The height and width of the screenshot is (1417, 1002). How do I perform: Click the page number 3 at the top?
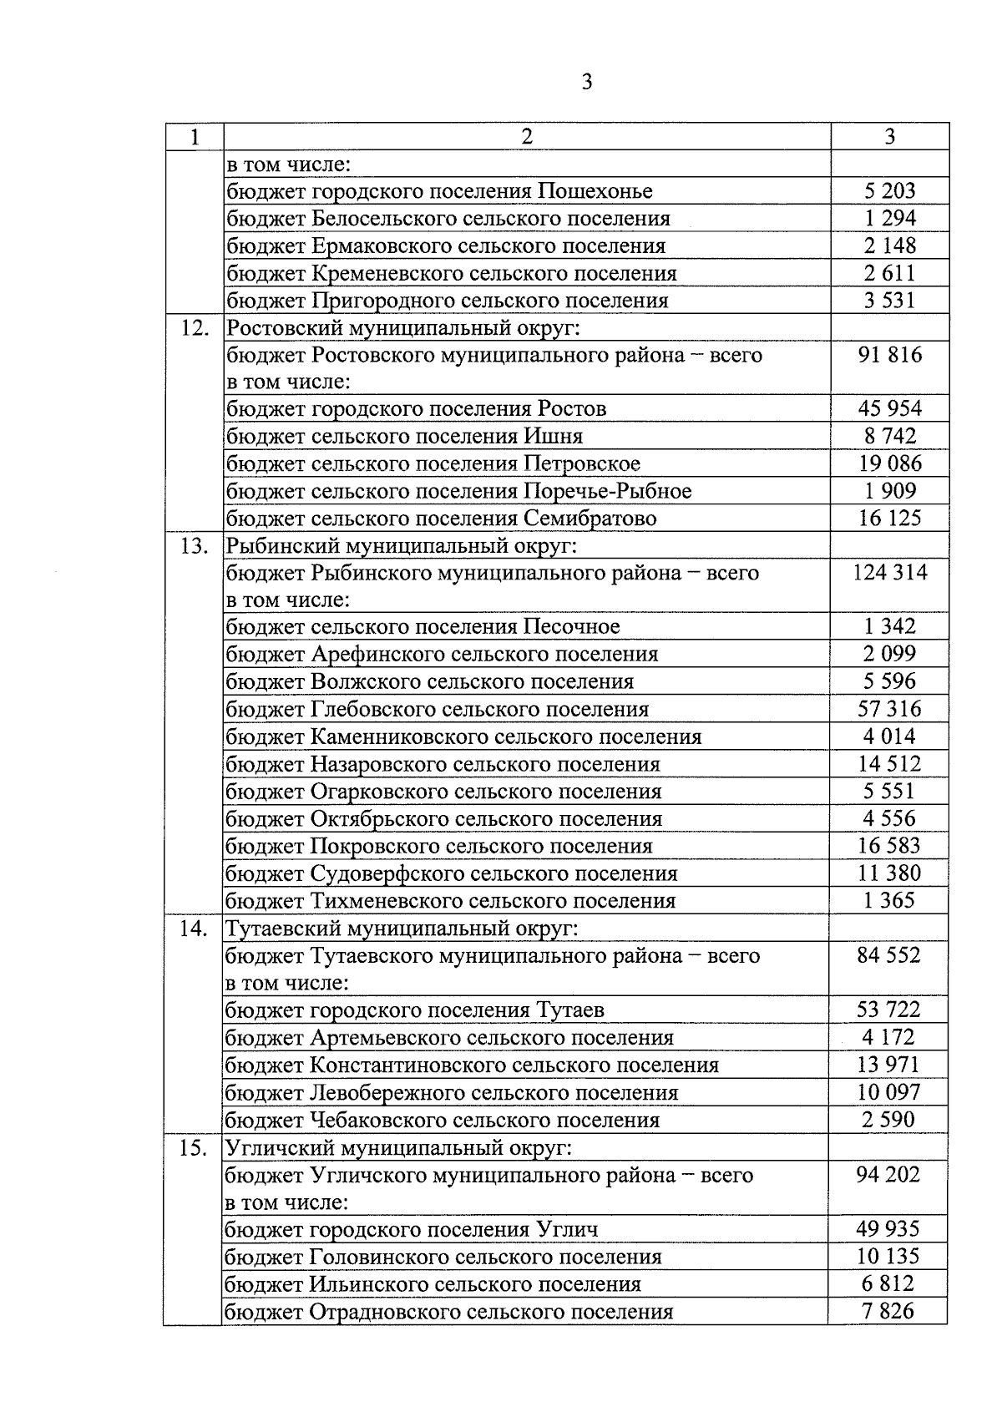pyautogui.click(x=587, y=82)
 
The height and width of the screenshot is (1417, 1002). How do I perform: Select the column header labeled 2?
pyautogui.click(x=527, y=137)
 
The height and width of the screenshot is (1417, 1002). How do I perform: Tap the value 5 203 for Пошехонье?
pyautogui.click(x=889, y=191)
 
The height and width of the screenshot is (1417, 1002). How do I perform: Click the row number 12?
pyautogui.click(x=195, y=327)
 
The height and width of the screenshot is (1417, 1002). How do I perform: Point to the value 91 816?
pyautogui.click(x=889, y=355)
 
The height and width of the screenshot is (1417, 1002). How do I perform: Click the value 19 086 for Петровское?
pyautogui.click(x=889, y=463)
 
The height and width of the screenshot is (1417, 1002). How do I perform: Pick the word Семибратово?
pyautogui.click(x=590, y=519)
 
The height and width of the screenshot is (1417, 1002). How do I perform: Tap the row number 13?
pyautogui.click(x=195, y=546)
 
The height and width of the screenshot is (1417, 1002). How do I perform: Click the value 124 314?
pyautogui.click(x=889, y=573)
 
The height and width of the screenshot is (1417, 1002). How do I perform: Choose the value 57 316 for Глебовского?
pyautogui.click(x=889, y=709)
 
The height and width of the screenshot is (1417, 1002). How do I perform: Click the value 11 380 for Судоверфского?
pyautogui.click(x=889, y=873)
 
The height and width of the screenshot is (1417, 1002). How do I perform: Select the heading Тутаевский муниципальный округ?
pyautogui.click(x=402, y=929)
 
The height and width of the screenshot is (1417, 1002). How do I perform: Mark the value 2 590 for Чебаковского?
pyautogui.click(x=888, y=1120)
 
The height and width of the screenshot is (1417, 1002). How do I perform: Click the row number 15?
pyautogui.click(x=194, y=1148)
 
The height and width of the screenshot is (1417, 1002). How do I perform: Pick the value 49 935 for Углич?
pyautogui.click(x=888, y=1229)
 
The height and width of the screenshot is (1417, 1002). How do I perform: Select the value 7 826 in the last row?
pyautogui.click(x=888, y=1311)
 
